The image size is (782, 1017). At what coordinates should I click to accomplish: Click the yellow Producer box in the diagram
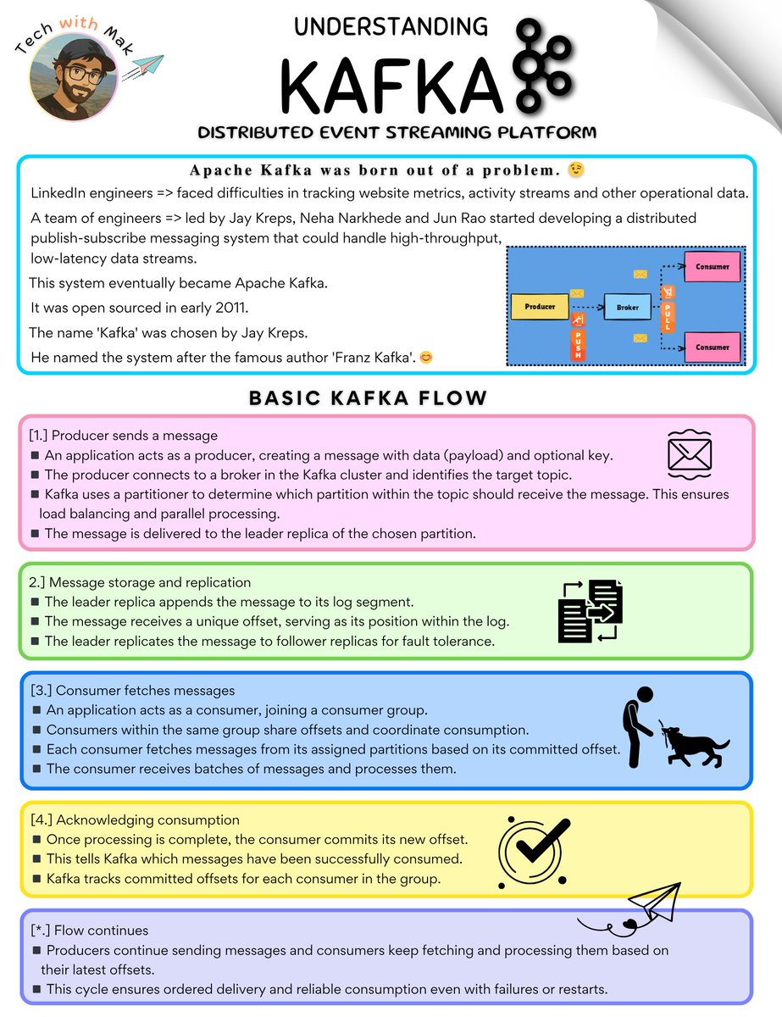pyautogui.click(x=540, y=306)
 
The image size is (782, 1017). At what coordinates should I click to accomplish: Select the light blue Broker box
pyautogui.click(x=628, y=307)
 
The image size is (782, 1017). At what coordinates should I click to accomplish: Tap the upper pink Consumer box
pyautogui.click(x=712, y=266)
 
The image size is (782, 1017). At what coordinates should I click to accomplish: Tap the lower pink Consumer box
pyautogui.click(x=712, y=347)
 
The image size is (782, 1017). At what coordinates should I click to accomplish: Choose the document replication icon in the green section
pyautogui.click(x=591, y=610)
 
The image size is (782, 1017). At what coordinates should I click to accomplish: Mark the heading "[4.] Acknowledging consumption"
pyautogui.click(x=135, y=820)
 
